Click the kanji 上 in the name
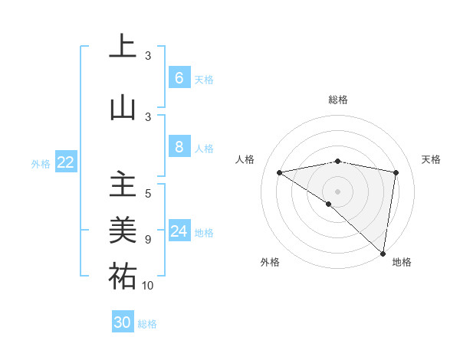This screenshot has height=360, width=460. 123,45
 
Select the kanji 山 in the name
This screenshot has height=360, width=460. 123,106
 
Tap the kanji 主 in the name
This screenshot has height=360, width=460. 123,186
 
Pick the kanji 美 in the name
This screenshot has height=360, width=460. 123,230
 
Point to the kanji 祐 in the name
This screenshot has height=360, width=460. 123,276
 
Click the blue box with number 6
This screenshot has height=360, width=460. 179,78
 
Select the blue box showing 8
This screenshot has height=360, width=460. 179,147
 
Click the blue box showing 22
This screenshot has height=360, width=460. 66,162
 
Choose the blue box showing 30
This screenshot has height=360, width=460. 123,322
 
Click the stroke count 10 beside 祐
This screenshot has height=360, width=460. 148,286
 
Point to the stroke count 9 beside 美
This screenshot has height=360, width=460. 148,240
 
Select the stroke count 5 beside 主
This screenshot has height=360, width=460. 148,193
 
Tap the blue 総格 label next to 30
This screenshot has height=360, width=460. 147,324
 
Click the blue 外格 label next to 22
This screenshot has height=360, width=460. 41,163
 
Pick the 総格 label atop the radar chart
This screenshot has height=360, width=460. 338,100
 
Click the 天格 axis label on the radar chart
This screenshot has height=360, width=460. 431,159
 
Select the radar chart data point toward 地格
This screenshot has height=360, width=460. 383,252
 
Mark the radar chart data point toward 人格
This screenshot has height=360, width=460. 280,172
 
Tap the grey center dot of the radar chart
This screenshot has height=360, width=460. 337,190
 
